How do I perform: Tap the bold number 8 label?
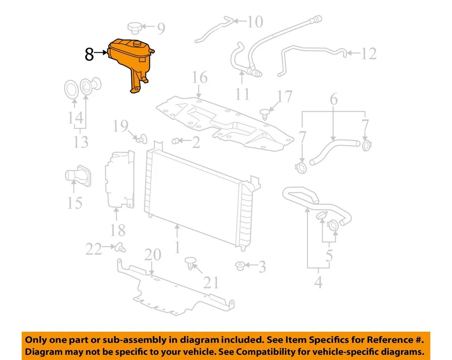89,55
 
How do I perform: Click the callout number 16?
199,78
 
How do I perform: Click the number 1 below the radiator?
177,247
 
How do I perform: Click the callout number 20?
153,256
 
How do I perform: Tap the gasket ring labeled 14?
71,90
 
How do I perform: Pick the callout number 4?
318,283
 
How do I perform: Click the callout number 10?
255,21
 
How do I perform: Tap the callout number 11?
242,93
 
